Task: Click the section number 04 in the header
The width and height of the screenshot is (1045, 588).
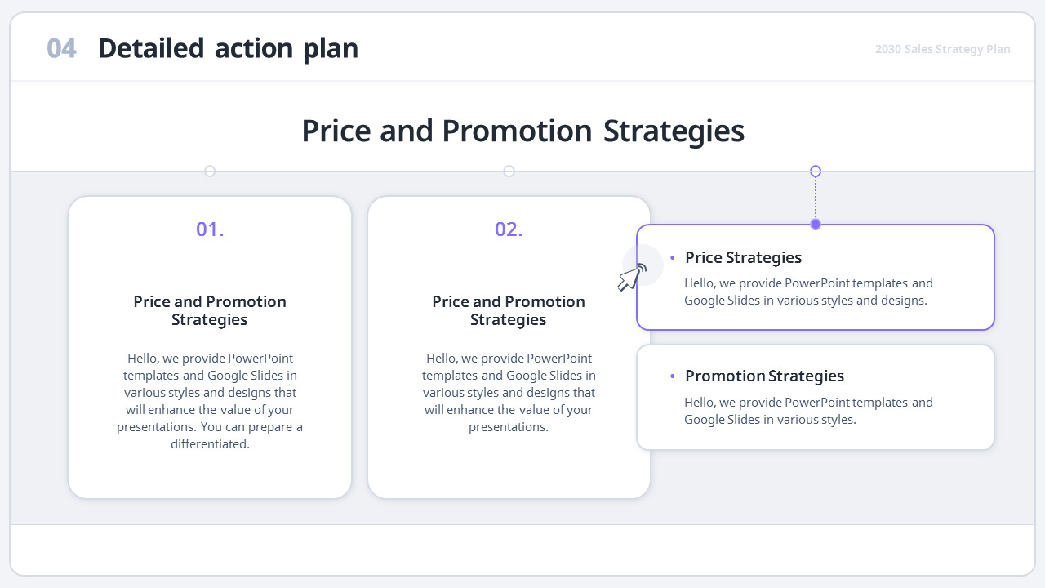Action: point(61,49)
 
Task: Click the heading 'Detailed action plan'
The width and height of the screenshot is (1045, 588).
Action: point(228,49)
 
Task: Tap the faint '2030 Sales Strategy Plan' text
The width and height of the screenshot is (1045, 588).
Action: point(942,49)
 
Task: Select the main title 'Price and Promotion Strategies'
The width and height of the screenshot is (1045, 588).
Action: point(522,131)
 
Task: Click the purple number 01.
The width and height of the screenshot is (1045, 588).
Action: point(210,229)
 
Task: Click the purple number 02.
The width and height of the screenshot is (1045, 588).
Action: point(509,229)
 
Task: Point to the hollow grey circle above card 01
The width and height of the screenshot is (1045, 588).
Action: point(210,171)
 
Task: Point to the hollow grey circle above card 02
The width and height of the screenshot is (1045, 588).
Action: point(509,171)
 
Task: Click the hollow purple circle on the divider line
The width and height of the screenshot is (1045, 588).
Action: point(816,171)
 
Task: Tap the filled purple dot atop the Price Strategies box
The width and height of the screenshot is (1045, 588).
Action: point(816,225)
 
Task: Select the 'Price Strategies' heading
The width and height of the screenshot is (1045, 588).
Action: point(743,258)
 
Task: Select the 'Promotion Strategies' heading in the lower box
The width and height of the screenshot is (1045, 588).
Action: point(764,376)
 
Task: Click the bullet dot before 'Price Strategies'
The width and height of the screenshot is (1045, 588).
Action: point(673,258)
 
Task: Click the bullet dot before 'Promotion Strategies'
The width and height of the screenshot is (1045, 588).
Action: point(673,376)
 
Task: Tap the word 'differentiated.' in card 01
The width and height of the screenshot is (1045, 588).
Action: point(210,444)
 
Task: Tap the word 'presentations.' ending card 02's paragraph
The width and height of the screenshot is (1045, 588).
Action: point(509,427)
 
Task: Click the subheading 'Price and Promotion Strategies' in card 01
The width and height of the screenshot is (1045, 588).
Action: point(210,310)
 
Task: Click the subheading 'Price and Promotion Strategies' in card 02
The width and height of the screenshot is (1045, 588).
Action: point(509,310)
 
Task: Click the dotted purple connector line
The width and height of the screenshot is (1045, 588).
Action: point(816,198)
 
